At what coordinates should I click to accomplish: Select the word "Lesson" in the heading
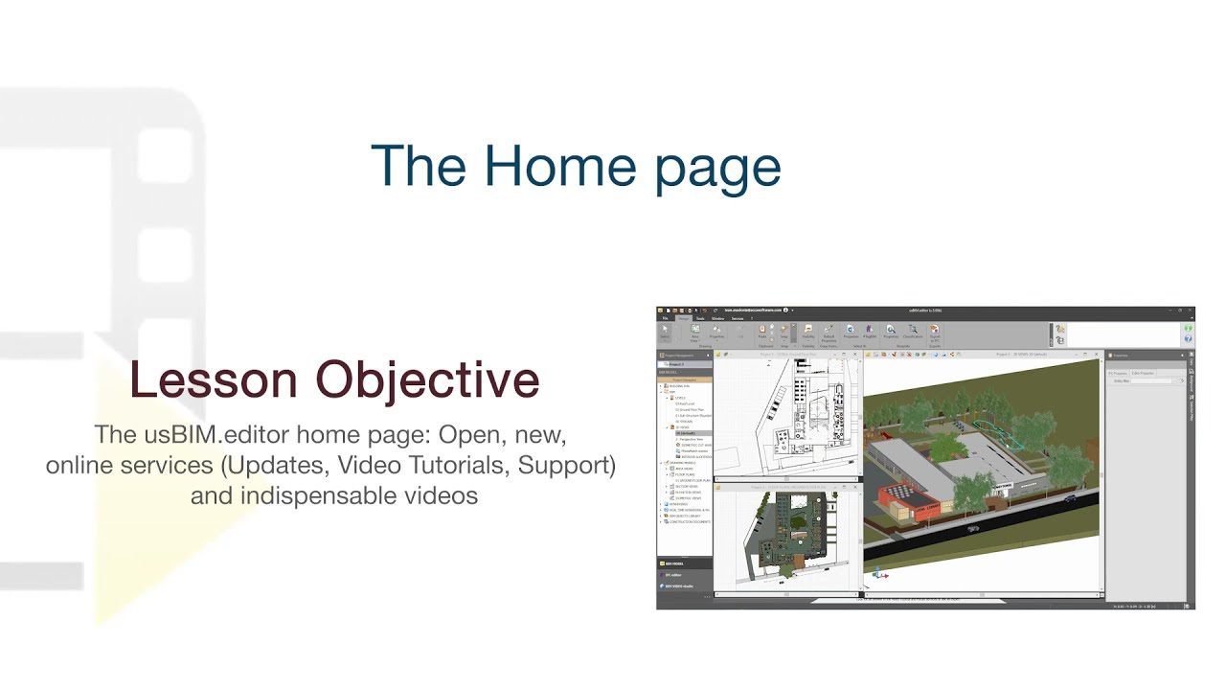[214, 379]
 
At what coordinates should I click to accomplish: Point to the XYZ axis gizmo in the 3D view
[878, 575]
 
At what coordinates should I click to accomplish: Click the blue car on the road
[1069, 498]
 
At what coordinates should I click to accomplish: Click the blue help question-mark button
[1188, 338]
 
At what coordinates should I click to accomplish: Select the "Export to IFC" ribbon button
[934, 332]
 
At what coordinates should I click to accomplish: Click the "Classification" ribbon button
[912, 332]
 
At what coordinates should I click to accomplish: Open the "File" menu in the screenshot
[665, 318]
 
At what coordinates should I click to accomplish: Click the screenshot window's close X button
[1191, 310]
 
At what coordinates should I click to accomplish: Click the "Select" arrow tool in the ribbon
[665, 332]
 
